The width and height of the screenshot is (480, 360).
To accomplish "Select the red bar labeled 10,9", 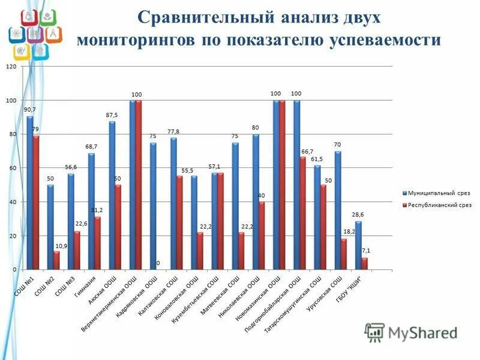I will pos(56,261).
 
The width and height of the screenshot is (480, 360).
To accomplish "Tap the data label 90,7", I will pos(29,110).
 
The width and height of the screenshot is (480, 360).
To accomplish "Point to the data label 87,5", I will pos(112,115).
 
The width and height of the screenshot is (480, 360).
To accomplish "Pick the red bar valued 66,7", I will pos(302,214).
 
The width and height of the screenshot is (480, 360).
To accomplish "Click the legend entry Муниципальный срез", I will pos(439,193).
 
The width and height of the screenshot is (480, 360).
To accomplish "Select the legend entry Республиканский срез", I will pos(440,205).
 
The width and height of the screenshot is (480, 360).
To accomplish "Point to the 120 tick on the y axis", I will pos(11,67).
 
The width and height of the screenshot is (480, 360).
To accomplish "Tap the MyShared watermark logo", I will pos(411,332).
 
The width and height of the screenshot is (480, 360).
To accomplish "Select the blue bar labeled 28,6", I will pos(358,246).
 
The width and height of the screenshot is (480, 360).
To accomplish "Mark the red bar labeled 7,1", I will pos(364,264).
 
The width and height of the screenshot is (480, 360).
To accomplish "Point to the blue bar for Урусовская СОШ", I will pos(338,211).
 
